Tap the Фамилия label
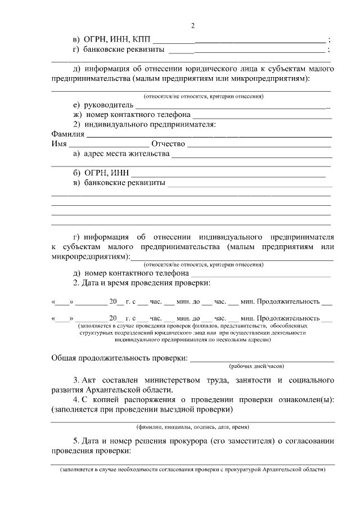(67, 135)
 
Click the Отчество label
(168, 145)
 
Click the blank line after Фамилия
(208, 136)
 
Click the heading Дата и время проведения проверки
(146, 282)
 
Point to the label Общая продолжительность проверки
(119, 358)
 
